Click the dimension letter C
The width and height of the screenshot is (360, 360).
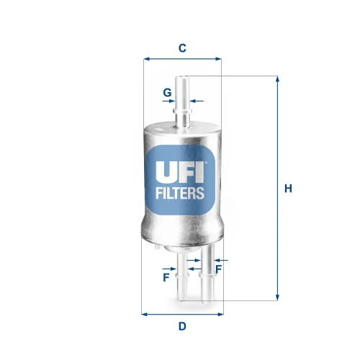click(183, 48)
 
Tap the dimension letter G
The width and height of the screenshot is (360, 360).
click(166, 93)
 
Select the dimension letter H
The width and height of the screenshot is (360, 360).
click(288, 189)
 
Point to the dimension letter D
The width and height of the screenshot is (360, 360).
click(182, 326)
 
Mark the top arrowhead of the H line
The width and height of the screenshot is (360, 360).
click(277, 79)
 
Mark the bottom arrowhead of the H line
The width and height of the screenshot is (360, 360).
click(277, 296)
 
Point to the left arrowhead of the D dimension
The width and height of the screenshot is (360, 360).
click(145, 314)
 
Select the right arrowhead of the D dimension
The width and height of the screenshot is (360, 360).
click(220, 314)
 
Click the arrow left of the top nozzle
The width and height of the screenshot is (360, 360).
click(174, 102)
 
